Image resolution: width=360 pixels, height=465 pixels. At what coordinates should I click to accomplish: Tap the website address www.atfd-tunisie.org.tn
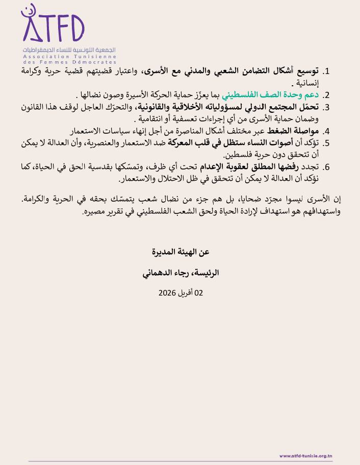pyautogui.click(x=306, y=456)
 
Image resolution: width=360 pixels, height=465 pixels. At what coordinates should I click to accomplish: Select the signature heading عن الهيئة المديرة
pyautogui.click(x=181, y=252)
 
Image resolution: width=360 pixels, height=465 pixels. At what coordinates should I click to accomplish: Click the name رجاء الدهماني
pyautogui.click(x=164, y=273)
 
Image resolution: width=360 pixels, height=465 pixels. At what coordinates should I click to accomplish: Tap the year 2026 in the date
pyautogui.click(x=167, y=293)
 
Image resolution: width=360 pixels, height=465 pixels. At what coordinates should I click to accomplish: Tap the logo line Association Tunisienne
pyautogui.click(x=70, y=56)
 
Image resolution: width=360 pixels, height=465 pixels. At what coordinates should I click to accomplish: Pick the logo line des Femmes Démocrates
pyautogui.click(x=70, y=62)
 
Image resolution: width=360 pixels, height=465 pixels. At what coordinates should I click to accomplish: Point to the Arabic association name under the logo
pyautogui.click(x=70, y=50)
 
